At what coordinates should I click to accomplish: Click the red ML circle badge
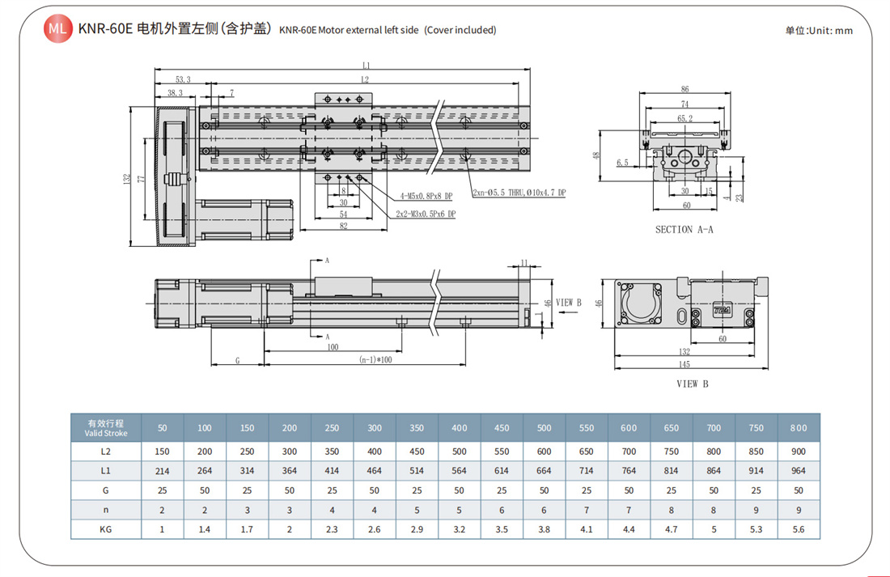[x=58, y=28]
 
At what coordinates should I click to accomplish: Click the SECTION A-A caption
[x=684, y=230]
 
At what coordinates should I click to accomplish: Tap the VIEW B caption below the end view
[x=692, y=384]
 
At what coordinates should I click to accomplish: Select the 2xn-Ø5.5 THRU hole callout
[x=519, y=193]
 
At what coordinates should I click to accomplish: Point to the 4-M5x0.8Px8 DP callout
[x=426, y=196]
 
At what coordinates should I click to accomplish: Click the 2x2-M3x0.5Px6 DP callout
[x=426, y=214]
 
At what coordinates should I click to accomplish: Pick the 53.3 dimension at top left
[x=183, y=79]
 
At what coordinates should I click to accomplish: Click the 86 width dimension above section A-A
[x=684, y=89]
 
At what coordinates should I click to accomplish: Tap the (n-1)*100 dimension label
[x=375, y=359]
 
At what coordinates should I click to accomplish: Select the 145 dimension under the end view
[x=684, y=364]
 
